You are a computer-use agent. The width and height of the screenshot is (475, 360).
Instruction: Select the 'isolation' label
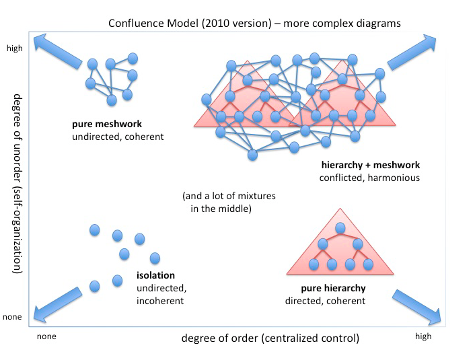tap(155, 275)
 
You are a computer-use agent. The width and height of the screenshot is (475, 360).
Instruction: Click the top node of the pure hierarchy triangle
tap(340, 228)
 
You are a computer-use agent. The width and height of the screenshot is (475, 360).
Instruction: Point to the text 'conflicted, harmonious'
tap(369, 178)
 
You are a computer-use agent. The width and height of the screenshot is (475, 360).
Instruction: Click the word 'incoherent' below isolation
tap(160, 300)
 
